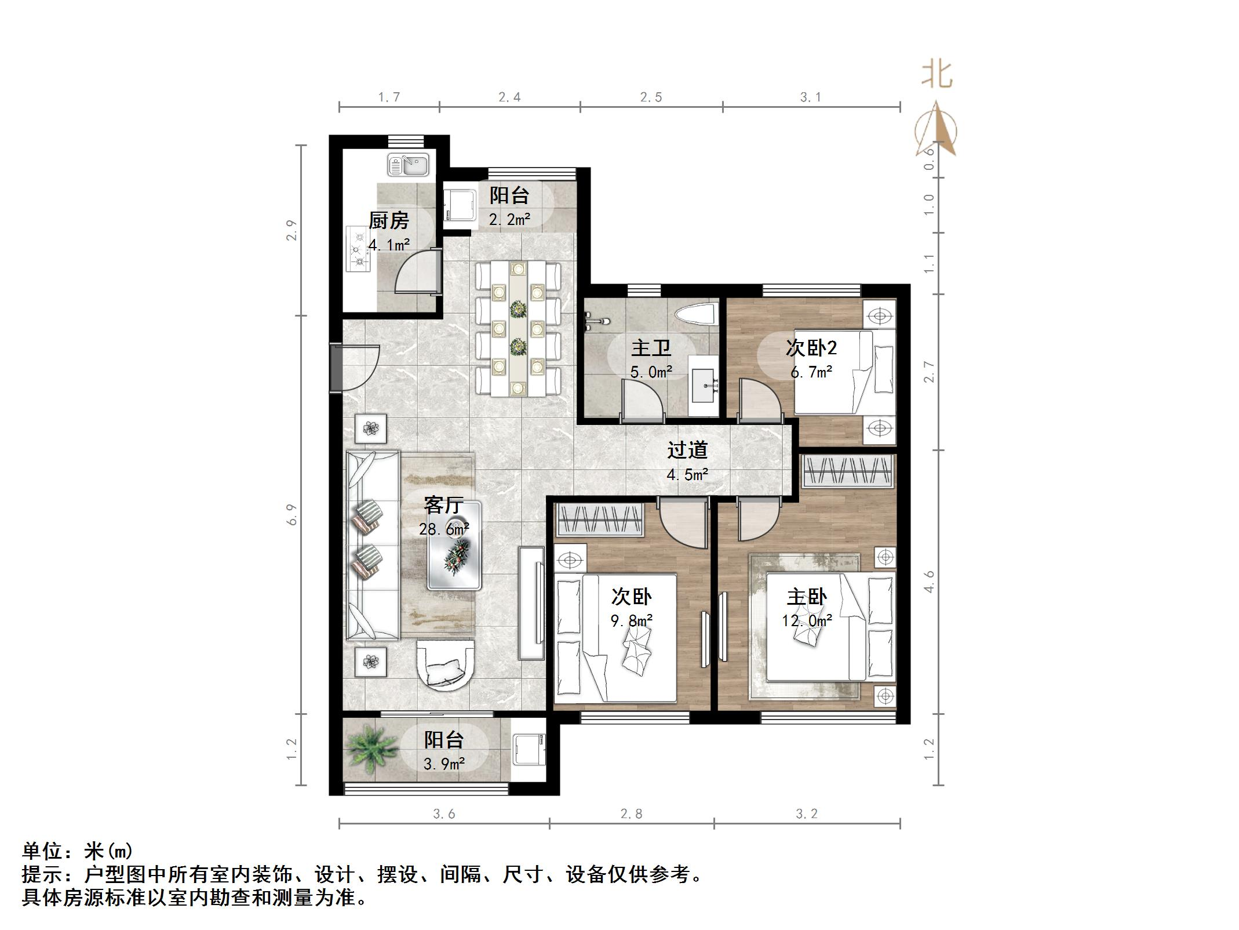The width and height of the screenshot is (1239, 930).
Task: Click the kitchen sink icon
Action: (x=408, y=164)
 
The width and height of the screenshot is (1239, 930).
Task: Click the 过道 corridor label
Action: (x=687, y=450)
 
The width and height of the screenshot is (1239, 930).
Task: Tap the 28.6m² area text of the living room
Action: (x=444, y=529)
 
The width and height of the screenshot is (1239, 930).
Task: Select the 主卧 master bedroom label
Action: (x=806, y=597)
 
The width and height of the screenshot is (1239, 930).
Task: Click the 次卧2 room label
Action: (x=811, y=348)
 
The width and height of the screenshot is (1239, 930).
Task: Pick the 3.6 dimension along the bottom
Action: (x=444, y=814)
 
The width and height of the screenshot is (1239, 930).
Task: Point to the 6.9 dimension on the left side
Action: (x=291, y=515)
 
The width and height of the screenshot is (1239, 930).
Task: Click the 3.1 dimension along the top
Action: (x=810, y=97)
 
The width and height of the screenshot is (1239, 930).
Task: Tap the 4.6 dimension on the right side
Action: (x=929, y=582)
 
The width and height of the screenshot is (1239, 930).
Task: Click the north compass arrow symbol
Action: (x=936, y=130)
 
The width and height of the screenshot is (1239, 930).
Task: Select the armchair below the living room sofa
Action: (x=446, y=665)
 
